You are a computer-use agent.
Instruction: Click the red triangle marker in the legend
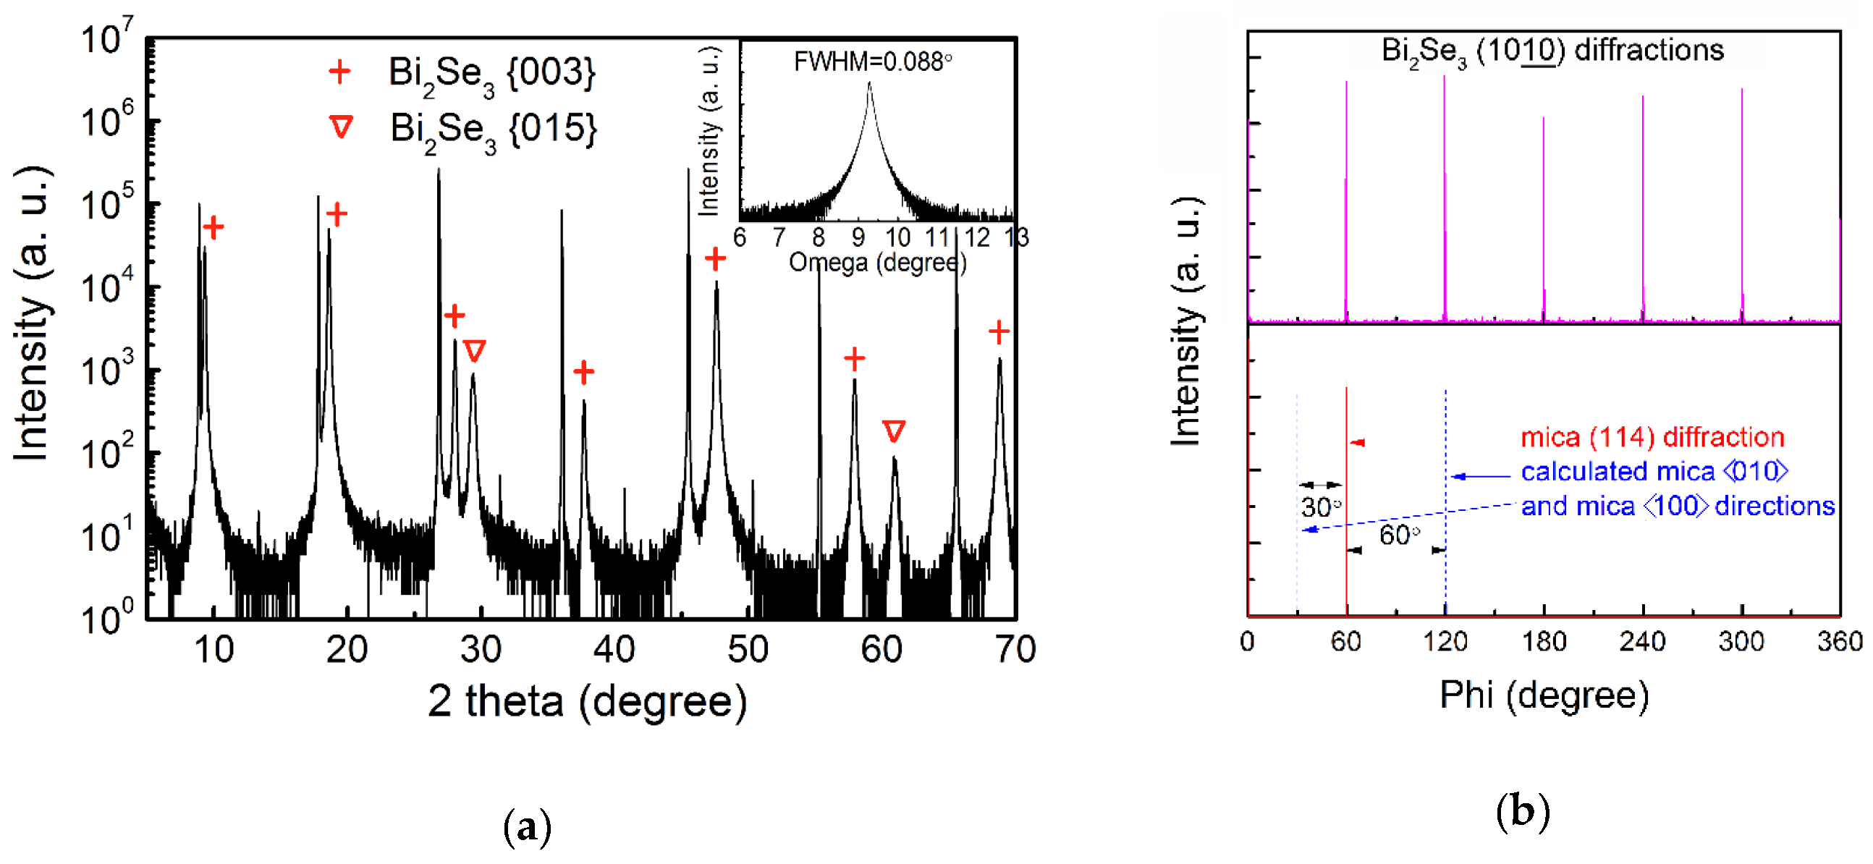pos(341,127)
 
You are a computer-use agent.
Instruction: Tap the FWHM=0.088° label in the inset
pos(873,62)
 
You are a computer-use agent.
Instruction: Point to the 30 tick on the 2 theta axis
pos(481,648)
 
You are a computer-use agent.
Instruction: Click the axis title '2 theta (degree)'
pos(587,700)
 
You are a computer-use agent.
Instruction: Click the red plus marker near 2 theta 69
pos(999,332)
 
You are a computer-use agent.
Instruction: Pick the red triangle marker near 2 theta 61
pos(894,431)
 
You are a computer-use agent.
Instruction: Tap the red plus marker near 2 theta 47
pos(716,258)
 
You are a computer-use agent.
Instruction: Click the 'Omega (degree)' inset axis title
pos(878,262)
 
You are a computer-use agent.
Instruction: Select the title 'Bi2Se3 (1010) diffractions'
pos(1552,51)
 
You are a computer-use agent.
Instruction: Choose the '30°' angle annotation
pos(1320,507)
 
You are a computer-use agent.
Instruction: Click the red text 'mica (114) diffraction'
pos(1653,437)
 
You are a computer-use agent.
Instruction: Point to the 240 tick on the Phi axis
pos(1643,641)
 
